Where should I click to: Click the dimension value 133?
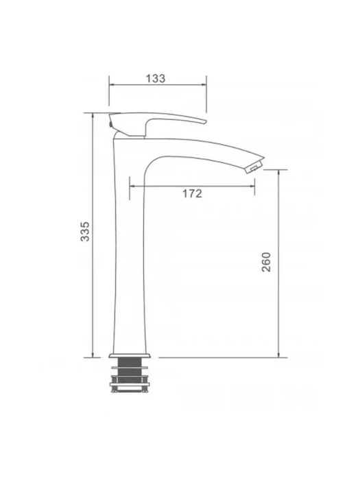point(156,78)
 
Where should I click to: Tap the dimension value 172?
point(192,193)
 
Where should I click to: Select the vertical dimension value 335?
point(85,232)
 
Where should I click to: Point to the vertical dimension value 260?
point(266,262)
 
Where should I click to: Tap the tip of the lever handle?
point(204,121)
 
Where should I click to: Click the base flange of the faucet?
point(130,355)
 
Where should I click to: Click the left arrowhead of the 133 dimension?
point(111,85)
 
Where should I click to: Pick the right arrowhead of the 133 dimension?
point(204,85)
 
